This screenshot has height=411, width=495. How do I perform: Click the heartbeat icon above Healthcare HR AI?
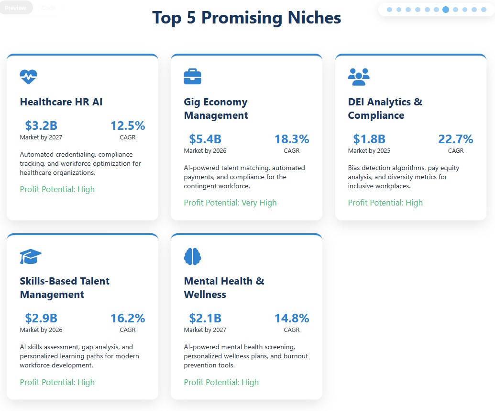pyautogui.click(x=28, y=77)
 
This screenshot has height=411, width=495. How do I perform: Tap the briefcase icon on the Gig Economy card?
pyautogui.click(x=192, y=77)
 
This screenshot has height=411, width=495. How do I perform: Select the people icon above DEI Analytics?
pyautogui.click(x=359, y=77)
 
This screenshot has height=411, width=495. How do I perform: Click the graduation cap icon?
pyautogui.click(x=31, y=257)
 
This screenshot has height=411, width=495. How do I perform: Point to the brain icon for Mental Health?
pyautogui.click(x=192, y=257)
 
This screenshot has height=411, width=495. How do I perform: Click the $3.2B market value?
pyautogui.click(x=41, y=126)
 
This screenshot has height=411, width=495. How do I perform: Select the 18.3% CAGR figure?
pyautogui.click(x=291, y=139)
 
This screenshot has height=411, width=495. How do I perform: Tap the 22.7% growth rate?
pyautogui.click(x=455, y=139)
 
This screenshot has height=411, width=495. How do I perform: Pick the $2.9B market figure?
pyautogui.click(x=41, y=319)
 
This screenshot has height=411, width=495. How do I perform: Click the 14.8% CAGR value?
pyautogui.click(x=291, y=319)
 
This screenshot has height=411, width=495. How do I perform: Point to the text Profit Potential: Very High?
pyautogui.click(x=230, y=203)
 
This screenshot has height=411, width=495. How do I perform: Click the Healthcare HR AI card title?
pyautogui.click(x=61, y=102)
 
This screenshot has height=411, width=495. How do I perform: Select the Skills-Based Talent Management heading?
pyautogui.click(x=65, y=287)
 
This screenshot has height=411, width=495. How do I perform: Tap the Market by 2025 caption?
pyautogui.click(x=369, y=151)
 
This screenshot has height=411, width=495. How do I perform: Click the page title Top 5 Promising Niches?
pyautogui.click(x=246, y=18)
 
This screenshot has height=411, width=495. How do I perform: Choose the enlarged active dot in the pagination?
pyautogui.click(x=446, y=9)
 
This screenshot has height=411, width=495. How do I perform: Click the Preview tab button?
pyautogui.click(x=15, y=8)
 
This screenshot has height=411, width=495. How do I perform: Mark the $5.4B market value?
pyautogui.click(x=205, y=139)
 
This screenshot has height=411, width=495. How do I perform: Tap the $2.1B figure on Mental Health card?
pyautogui.click(x=205, y=319)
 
